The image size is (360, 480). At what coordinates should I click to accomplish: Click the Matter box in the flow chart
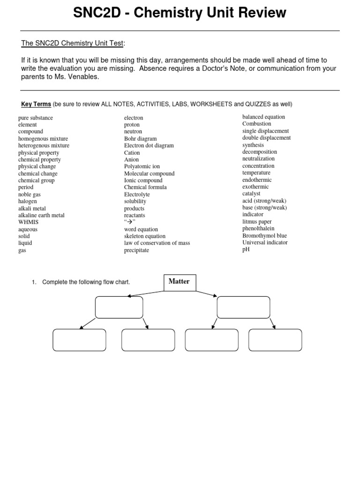(x=180, y=282)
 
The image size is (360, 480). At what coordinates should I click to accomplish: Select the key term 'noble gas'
(x=29, y=195)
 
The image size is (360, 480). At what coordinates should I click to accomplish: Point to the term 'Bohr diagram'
(x=140, y=139)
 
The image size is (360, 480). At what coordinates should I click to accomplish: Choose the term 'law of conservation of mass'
(x=157, y=243)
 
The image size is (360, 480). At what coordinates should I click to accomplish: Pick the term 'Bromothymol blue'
(x=264, y=236)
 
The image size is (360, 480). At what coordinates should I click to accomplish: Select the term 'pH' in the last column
(x=246, y=249)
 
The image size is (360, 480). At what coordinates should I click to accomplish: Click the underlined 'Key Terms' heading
(x=36, y=104)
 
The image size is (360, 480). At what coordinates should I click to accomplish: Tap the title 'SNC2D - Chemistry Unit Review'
(x=180, y=14)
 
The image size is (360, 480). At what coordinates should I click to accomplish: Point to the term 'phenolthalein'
(x=258, y=229)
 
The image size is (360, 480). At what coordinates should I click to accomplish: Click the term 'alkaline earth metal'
(x=41, y=216)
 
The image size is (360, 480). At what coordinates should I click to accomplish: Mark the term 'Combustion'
(x=256, y=124)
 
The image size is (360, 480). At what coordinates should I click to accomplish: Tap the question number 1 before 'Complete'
(x=34, y=282)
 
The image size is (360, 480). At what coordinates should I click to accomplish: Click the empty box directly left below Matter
(x=119, y=307)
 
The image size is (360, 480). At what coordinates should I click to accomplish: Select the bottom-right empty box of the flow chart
(x=275, y=340)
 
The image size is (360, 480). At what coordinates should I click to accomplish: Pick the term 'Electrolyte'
(x=137, y=195)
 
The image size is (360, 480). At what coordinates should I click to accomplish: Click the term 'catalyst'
(x=251, y=194)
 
